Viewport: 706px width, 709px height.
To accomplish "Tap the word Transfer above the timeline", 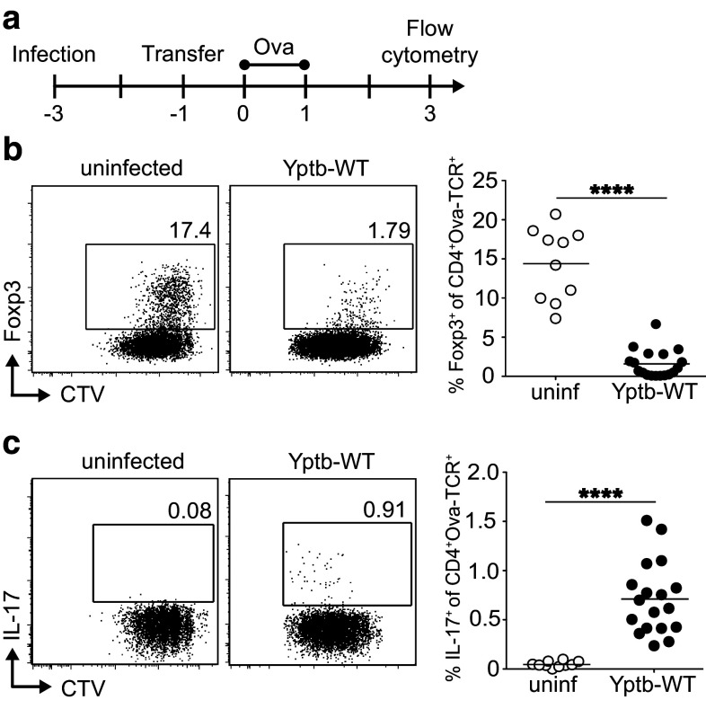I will coord(182,53).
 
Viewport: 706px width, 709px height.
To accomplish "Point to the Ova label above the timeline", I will coord(275,42).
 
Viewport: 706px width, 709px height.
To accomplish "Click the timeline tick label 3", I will coord(430,114).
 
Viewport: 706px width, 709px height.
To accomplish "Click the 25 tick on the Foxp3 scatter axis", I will coord(507,182).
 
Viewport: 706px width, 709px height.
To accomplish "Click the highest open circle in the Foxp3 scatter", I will coord(556,214).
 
